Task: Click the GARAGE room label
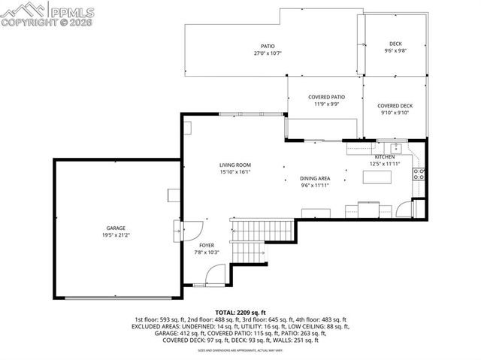115,228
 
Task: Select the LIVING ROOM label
234,165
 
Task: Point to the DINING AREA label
316,178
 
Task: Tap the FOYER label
207,246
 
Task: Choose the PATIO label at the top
267,46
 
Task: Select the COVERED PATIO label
326,97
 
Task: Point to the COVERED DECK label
395,106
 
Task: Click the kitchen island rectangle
380,177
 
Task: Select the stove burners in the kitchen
418,174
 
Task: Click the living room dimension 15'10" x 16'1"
234,171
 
